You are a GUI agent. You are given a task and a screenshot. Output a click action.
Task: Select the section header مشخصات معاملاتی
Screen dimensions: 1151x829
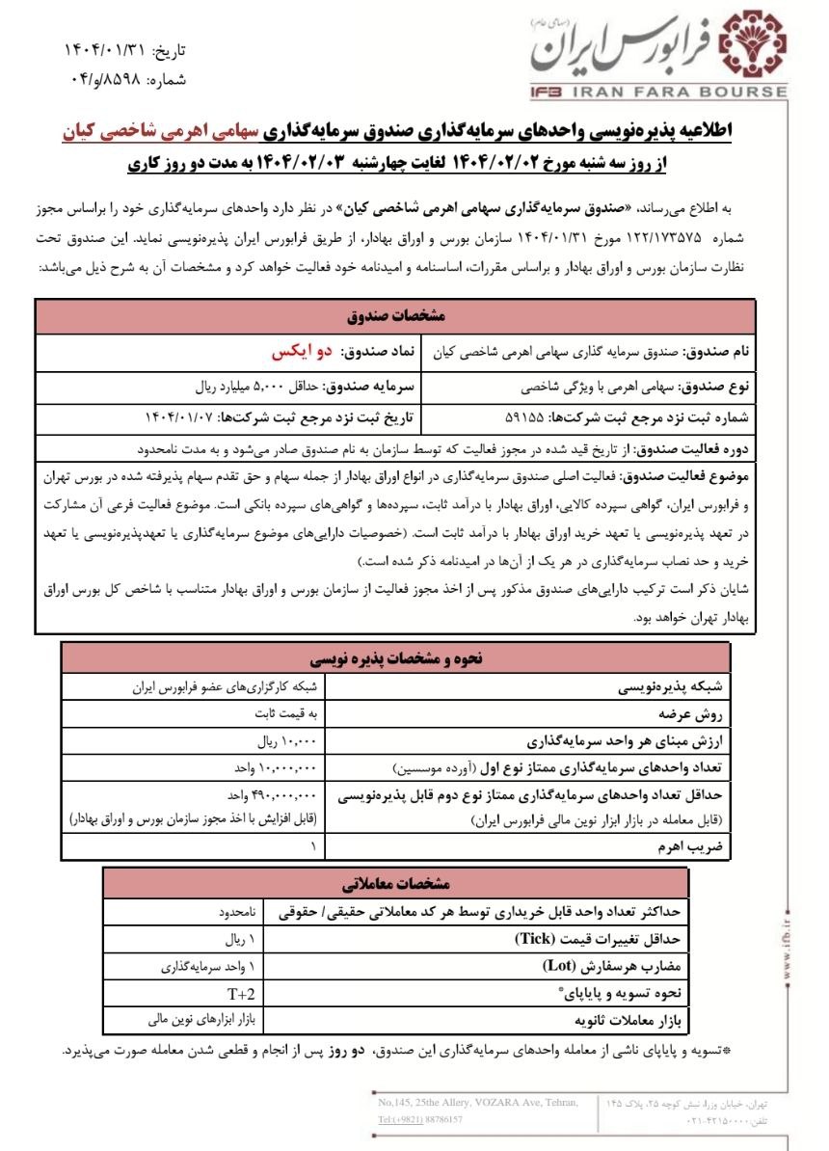396,882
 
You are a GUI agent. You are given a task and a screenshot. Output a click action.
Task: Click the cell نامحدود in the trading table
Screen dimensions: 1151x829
236,910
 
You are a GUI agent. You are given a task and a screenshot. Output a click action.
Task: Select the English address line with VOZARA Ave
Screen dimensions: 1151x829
479,1102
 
